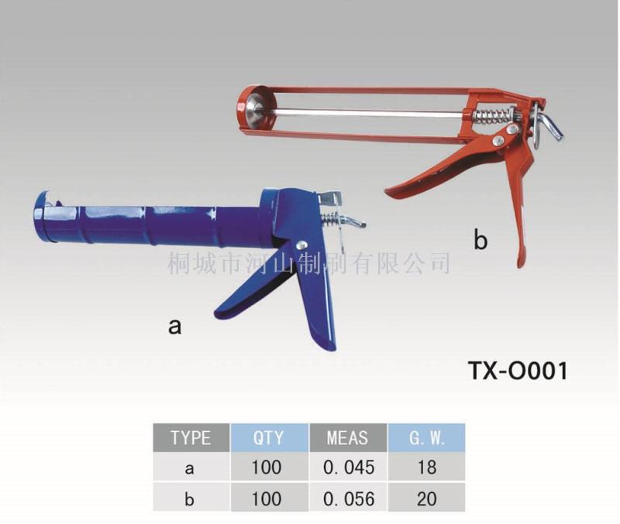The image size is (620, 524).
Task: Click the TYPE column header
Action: pyautogui.click(x=191, y=437)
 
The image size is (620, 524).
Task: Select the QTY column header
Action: pyautogui.click(x=269, y=437)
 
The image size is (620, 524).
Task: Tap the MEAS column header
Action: pyautogui.click(x=347, y=437)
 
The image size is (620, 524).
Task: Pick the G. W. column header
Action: pyautogui.click(x=426, y=437)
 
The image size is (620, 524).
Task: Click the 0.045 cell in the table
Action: pyautogui.click(x=348, y=467)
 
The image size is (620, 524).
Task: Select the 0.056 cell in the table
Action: pyautogui.click(x=348, y=498)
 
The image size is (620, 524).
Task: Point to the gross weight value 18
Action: pyautogui.click(x=427, y=467)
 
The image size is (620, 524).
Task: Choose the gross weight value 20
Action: pyautogui.click(x=427, y=498)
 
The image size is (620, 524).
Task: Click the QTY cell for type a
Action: pyautogui.click(x=267, y=467)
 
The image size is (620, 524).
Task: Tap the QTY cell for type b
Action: pyautogui.click(x=267, y=498)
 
